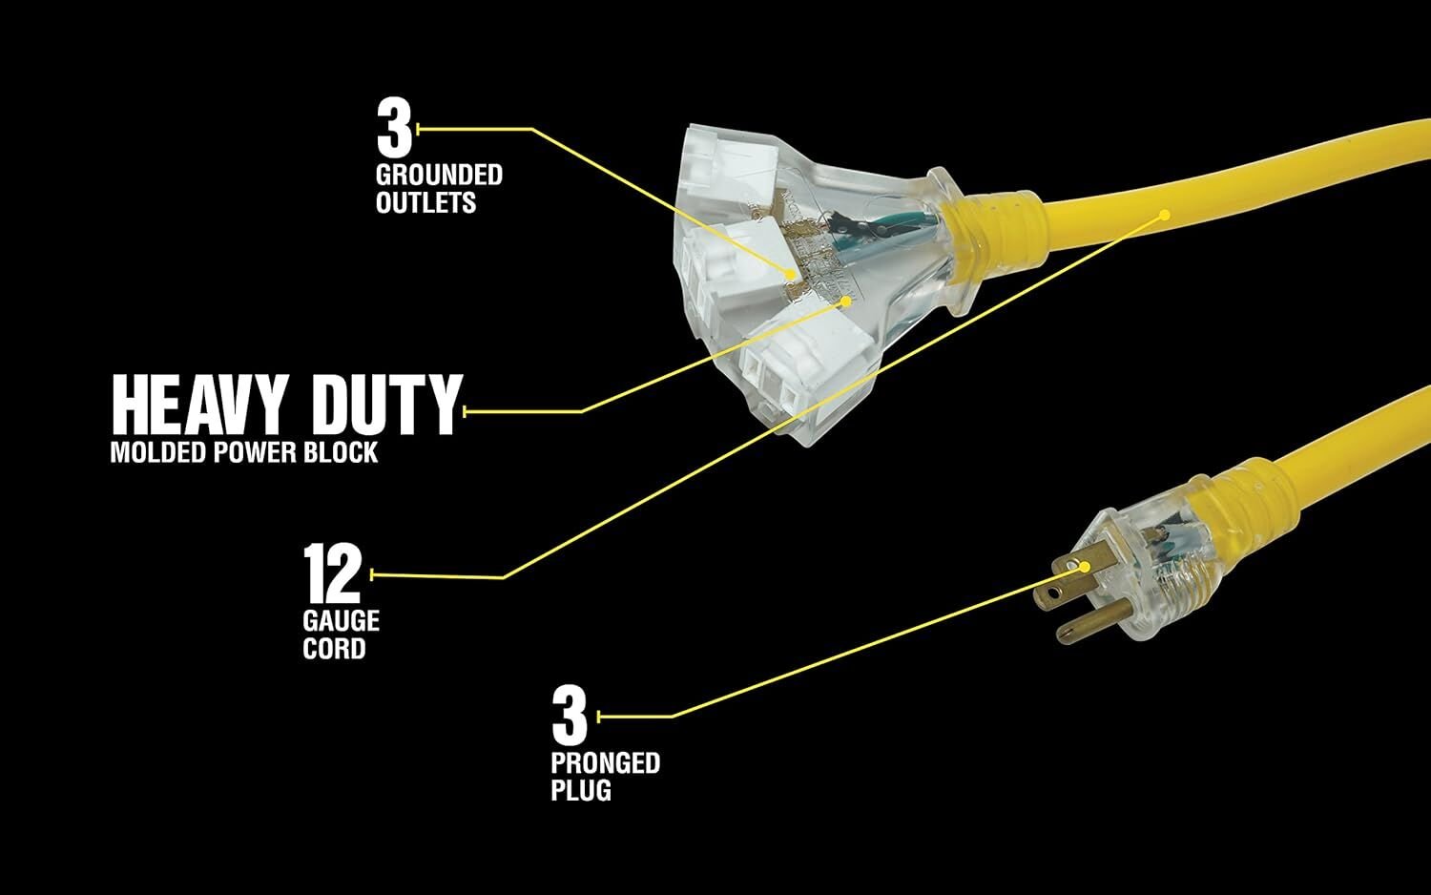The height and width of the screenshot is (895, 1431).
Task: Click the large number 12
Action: (332, 573)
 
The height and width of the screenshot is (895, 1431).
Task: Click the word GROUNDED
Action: (439, 175)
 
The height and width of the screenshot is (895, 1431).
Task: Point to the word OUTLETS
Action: (425, 202)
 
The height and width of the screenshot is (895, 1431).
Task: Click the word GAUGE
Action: (342, 621)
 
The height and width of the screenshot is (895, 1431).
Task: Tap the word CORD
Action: (334, 649)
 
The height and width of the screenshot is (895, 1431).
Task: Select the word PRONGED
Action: (606, 762)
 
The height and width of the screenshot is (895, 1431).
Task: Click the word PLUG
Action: (581, 790)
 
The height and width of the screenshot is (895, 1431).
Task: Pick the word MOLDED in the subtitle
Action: (158, 453)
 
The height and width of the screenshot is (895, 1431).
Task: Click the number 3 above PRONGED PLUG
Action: (570, 716)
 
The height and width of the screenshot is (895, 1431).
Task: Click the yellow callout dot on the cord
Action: (1165, 215)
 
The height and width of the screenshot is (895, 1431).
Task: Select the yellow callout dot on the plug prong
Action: (1084, 567)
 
